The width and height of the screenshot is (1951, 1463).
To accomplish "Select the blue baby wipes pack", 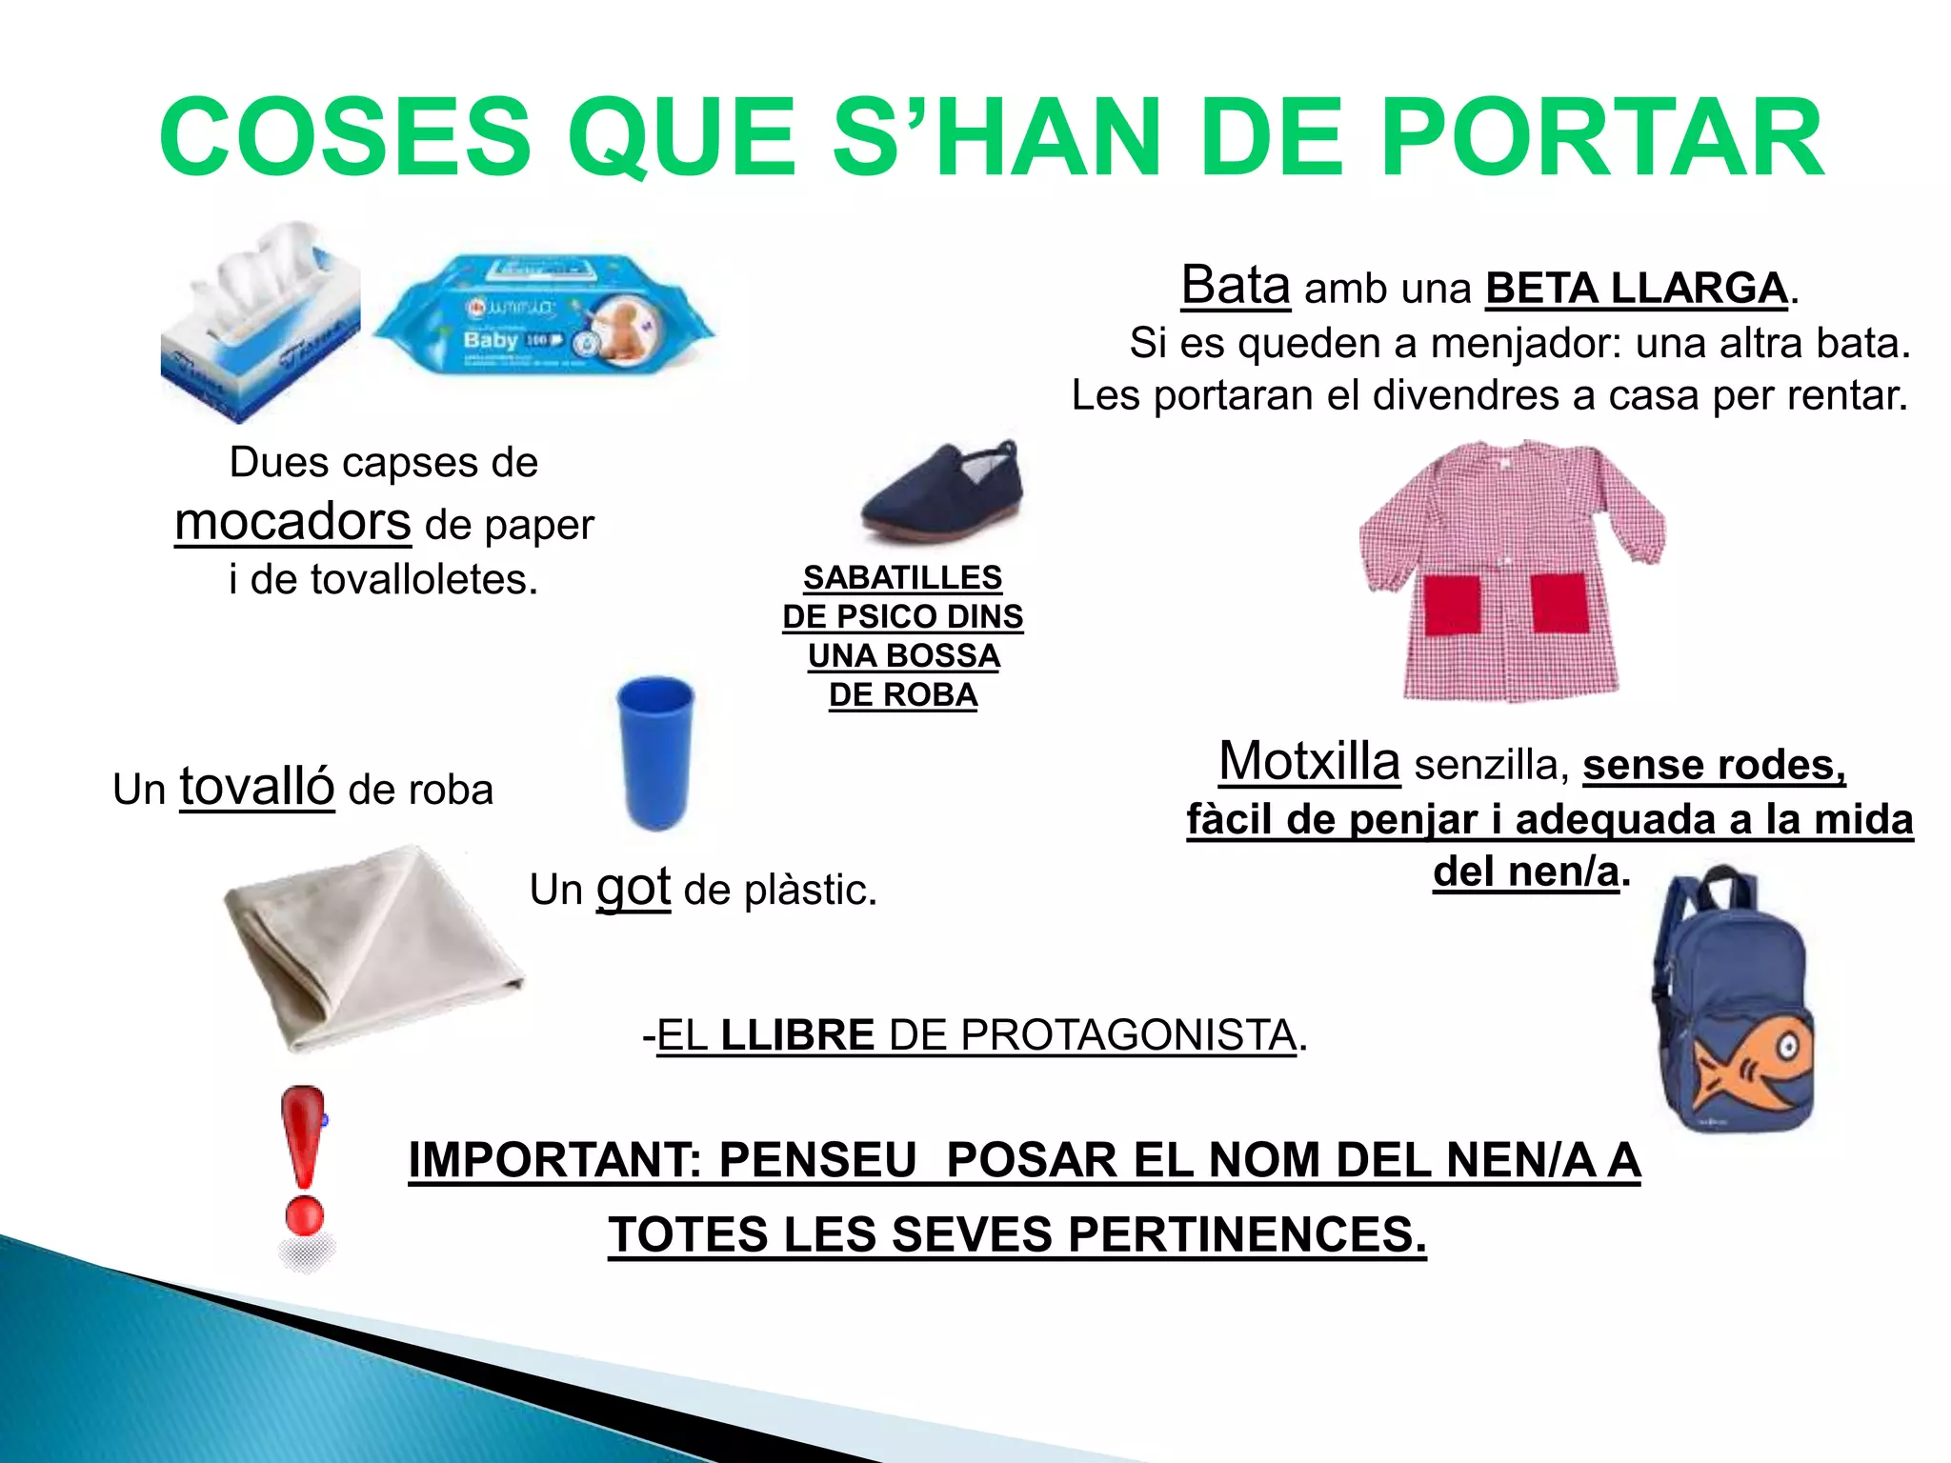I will (543, 314).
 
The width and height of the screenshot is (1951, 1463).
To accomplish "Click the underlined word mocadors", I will (292, 522).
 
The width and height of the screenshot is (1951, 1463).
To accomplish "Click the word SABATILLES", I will (902, 577).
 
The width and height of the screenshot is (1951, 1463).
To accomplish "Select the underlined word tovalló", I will (257, 787).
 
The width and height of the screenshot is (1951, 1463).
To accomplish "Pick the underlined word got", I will (634, 888).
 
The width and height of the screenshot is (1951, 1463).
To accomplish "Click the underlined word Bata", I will (1236, 285).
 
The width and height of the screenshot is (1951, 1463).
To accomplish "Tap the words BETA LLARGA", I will (1636, 289).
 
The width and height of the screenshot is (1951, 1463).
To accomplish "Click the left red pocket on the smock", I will (1452, 604).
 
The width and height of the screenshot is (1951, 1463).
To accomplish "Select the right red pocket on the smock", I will (1559, 602).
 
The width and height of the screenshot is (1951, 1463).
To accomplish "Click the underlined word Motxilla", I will (1309, 762).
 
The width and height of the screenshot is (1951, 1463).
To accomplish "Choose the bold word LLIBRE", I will (797, 1035).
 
